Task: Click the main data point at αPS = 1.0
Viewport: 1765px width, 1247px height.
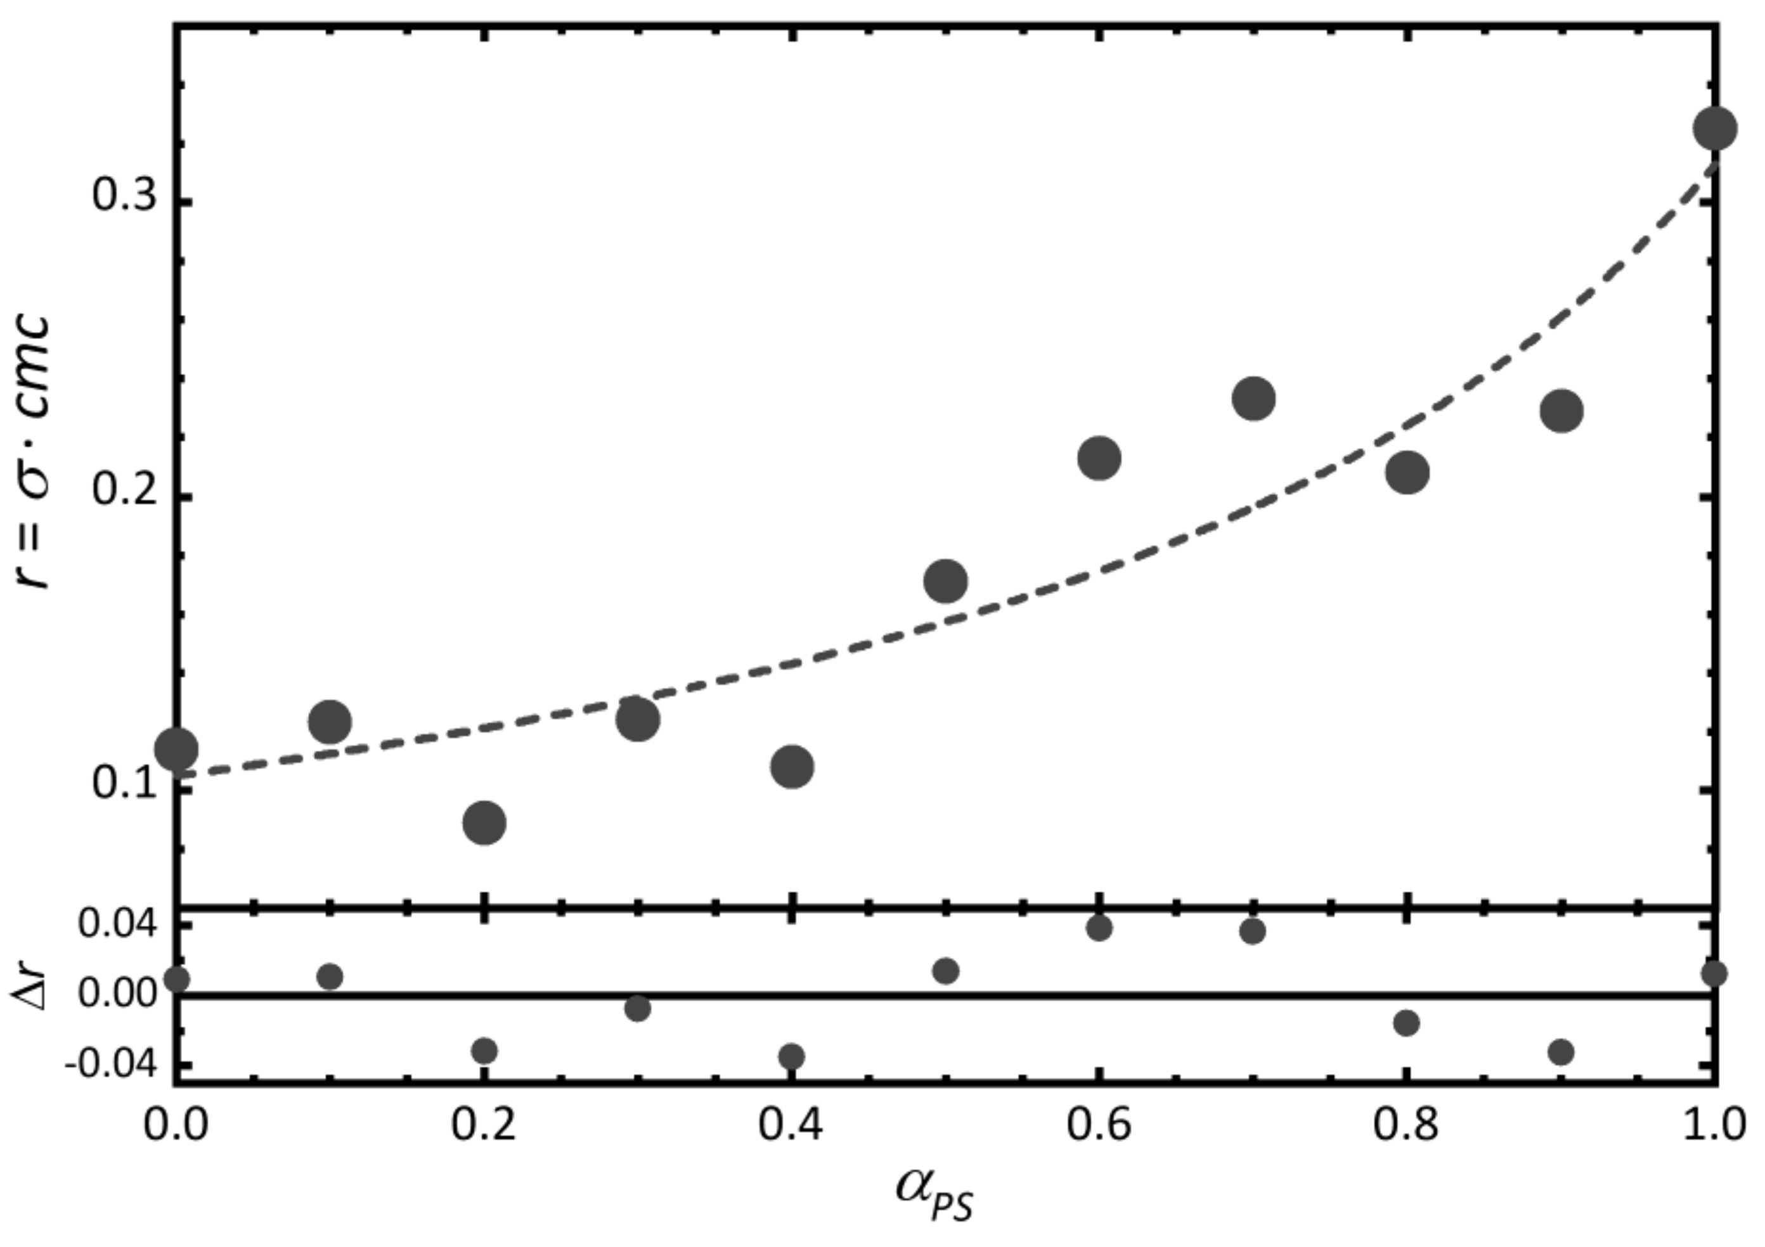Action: [x=1714, y=128]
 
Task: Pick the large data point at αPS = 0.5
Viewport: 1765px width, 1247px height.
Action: [x=945, y=581]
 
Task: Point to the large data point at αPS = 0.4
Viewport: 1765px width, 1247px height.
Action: [x=792, y=766]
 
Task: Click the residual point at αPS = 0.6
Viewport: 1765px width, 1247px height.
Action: [x=1099, y=928]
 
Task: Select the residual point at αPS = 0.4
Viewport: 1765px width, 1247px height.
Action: [x=792, y=1056]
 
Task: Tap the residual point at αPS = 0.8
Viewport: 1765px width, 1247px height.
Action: [x=1407, y=1023]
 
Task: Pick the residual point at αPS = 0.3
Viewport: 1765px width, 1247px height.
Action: [x=637, y=1008]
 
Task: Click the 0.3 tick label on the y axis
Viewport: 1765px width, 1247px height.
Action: [x=124, y=198]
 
